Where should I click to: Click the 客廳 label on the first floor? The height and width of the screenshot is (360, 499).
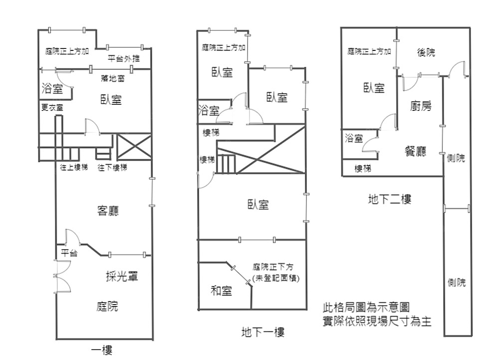click(x=108, y=211)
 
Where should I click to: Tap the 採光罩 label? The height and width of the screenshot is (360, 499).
click(x=122, y=276)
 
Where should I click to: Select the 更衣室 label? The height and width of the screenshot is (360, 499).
click(x=52, y=107)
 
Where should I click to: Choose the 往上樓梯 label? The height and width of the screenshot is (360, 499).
click(x=74, y=167)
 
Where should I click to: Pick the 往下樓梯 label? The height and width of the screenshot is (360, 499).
click(x=112, y=167)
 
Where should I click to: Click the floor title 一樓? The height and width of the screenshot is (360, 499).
click(x=102, y=350)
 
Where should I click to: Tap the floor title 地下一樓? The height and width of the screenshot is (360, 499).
click(x=262, y=332)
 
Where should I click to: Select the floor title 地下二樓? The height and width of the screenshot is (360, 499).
click(x=389, y=200)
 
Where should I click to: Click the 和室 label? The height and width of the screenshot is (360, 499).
click(x=221, y=290)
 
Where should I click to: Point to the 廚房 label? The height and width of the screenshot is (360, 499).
click(x=421, y=106)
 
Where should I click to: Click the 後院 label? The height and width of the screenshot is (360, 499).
click(x=426, y=52)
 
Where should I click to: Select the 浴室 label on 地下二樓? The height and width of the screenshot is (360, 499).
click(x=354, y=138)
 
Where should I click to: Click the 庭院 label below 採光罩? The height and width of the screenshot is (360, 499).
click(x=107, y=306)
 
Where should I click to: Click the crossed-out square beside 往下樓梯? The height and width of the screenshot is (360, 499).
click(x=133, y=146)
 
